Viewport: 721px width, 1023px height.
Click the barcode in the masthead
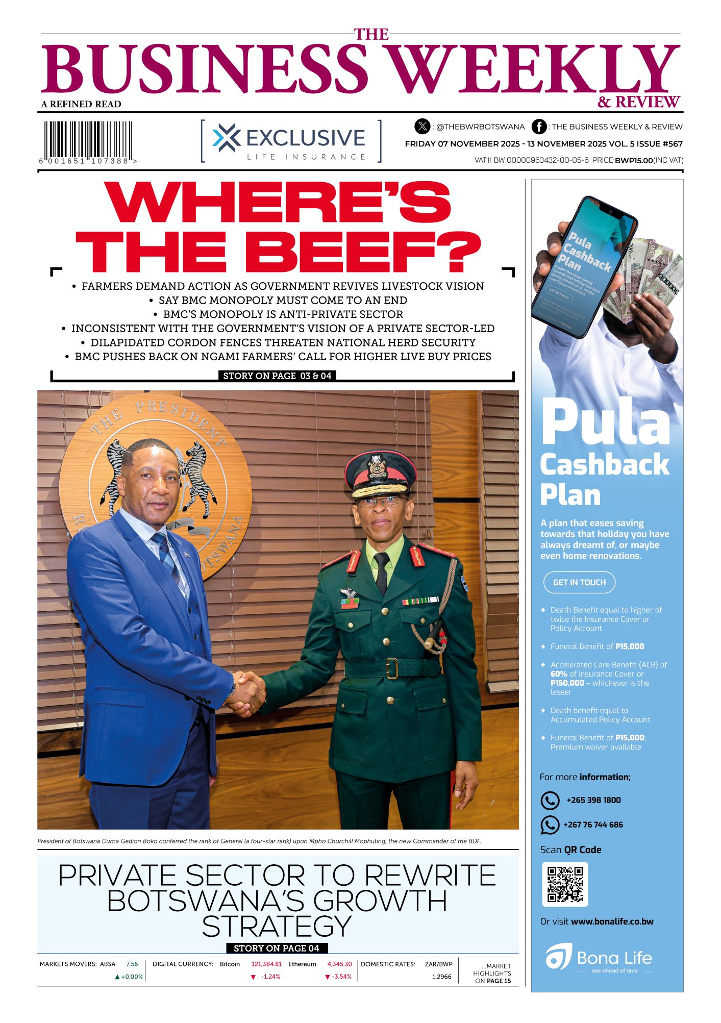(x=87, y=139)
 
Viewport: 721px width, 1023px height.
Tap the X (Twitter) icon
(x=422, y=126)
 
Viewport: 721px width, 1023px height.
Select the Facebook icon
(x=539, y=127)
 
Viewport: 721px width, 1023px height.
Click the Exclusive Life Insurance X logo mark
(x=226, y=138)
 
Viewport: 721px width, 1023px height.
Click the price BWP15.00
(x=634, y=160)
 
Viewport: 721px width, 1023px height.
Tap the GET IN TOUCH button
(x=579, y=582)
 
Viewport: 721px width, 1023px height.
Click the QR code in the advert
(x=565, y=884)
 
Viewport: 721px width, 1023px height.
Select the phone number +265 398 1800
(x=593, y=800)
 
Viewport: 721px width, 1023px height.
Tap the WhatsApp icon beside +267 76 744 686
(x=550, y=825)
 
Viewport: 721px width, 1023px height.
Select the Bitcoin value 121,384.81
(x=266, y=964)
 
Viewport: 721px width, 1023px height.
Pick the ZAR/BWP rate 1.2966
(x=441, y=977)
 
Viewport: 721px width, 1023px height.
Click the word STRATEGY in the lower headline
(x=277, y=926)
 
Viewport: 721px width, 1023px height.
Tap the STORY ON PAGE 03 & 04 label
(x=277, y=376)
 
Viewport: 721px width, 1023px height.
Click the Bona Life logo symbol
(x=558, y=958)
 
